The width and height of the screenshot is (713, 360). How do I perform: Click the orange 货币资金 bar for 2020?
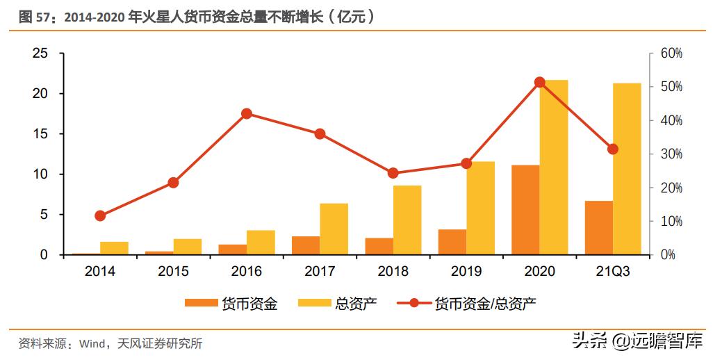[x=525, y=210]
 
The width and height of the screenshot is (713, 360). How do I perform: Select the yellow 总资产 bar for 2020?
[x=554, y=167]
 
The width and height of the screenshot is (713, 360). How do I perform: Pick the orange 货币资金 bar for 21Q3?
[x=598, y=228]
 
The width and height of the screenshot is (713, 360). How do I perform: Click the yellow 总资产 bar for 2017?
[x=334, y=229]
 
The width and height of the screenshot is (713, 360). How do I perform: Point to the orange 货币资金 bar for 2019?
[x=452, y=242]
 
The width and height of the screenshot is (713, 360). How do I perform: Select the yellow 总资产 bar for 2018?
[x=407, y=220]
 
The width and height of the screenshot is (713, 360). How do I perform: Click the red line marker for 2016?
[x=247, y=114]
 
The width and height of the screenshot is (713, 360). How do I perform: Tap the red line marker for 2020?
[x=540, y=82]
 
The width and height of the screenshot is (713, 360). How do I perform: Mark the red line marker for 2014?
[x=100, y=215]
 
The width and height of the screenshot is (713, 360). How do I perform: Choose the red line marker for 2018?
[x=393, y=173]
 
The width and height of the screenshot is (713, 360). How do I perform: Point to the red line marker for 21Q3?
[x=613, y=149]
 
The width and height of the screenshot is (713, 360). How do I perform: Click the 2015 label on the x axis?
[x=173, y=272]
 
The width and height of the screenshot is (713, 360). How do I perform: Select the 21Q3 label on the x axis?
[x=612, y=272]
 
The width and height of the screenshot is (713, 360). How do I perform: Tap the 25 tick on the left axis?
[x=40, y=54]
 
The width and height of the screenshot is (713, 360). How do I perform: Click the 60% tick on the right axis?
[x=671, y=54]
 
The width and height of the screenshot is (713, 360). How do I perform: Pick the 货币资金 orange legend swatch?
[x=201, y=304]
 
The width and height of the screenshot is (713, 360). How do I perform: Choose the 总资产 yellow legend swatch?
[x=314, y=304]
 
